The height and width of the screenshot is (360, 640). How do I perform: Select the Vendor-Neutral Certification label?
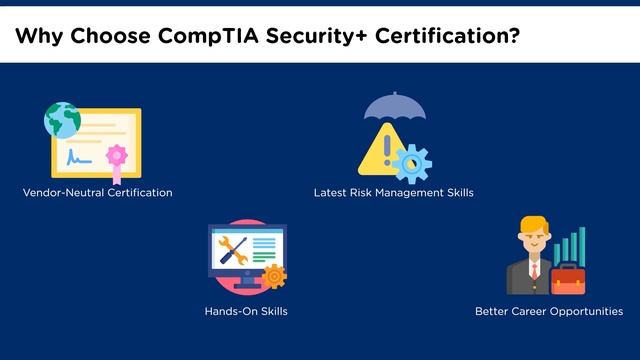coord(96,192)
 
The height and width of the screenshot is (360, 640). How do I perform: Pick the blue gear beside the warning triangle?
coord(411,161)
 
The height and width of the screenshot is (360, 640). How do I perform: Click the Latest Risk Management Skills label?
coord(393,192)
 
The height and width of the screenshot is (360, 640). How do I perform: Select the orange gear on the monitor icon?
coord(272,276)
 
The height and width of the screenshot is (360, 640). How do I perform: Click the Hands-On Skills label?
coord(246,312)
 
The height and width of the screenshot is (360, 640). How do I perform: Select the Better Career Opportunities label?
coord(549,312)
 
